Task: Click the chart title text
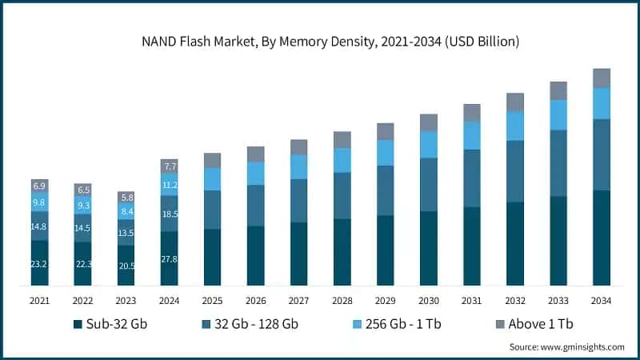tap(320, 41)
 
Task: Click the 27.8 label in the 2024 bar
tap(169, 259)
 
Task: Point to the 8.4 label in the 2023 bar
tap(126, 212)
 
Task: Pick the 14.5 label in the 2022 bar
tap(83, 228)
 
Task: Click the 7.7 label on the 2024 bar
tap(169, 166)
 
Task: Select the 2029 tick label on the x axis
tap(385, 300)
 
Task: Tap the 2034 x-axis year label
tap(602, 300)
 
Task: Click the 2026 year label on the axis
tap(255, 300)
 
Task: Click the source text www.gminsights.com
tap(566, 346)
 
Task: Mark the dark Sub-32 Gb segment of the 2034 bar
tap(602, 238)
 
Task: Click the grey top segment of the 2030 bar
tap(429, 122)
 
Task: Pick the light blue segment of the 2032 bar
tap(515, 126)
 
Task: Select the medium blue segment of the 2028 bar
tap(342, 195)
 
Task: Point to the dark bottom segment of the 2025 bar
tap(212, 257)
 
